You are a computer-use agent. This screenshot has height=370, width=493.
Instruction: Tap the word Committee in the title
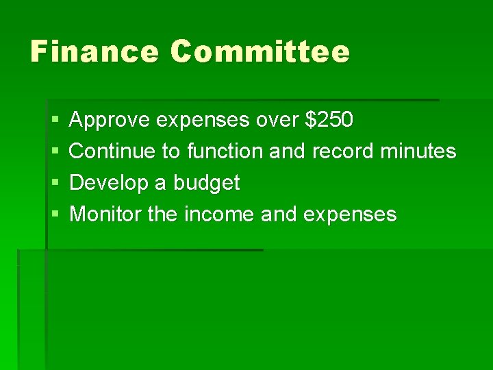[260, 51]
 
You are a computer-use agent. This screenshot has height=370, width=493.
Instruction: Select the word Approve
[110, 121]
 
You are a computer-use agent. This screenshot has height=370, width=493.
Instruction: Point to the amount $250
[329, 120]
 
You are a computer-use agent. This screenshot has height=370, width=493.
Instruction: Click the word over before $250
[277, 121]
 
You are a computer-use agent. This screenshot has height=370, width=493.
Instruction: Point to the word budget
[206, 183]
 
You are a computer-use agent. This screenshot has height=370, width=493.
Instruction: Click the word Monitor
[106, 214]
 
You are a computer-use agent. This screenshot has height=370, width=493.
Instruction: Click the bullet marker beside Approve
[55, 121]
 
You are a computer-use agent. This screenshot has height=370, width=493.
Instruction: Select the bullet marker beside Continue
[55, 151]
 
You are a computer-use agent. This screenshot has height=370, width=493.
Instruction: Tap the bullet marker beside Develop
[55, 183]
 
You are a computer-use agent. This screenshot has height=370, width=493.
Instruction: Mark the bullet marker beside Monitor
[55, 215]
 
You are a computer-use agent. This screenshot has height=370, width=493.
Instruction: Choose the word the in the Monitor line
[162, 214]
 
